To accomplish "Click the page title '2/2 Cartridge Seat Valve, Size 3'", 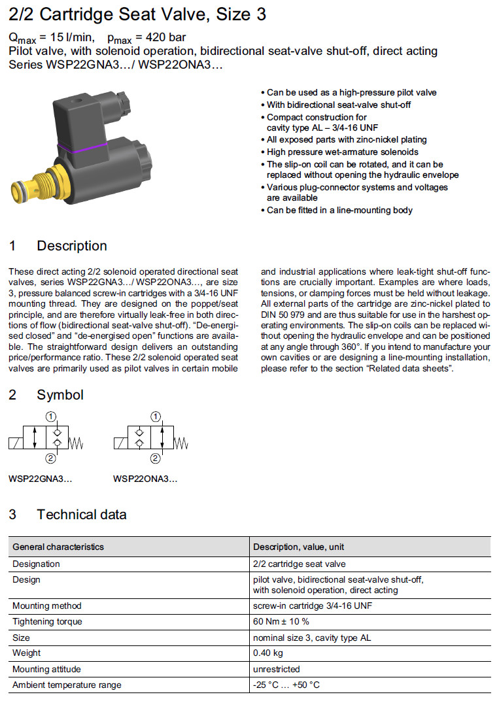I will tap(137, 14).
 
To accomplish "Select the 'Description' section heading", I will tap(71, 246).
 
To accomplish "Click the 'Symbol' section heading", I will tap(60, 395).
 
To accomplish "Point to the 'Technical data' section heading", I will tap(81, 515).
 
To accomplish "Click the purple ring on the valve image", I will tap(82, 147).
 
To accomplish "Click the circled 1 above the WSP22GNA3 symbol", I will tap(52, 416).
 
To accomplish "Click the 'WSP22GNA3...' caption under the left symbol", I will tap(41, 479).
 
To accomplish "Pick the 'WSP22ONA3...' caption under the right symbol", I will tap(145, 479).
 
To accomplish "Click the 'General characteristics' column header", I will tap(58, 547).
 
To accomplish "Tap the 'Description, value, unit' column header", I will tap(299, 547).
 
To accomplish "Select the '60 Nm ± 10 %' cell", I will tap(281, 621).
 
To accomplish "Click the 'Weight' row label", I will tap(27, 653).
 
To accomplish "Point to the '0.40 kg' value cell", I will tap(267, 653).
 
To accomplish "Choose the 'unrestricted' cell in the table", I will tap(277, 669).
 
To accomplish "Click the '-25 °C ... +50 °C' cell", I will tap(286, 685).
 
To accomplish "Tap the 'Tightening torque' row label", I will tap(48, 621).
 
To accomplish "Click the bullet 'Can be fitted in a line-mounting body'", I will tap(339, 210).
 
